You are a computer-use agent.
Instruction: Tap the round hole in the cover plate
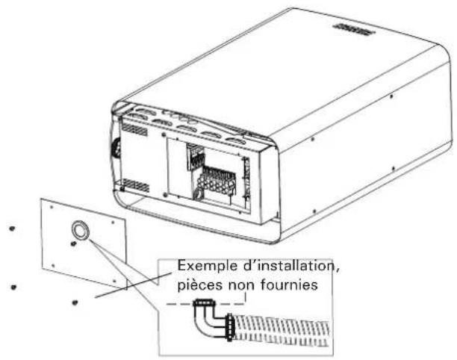[80, 229]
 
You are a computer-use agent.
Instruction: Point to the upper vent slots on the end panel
[134, 129]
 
